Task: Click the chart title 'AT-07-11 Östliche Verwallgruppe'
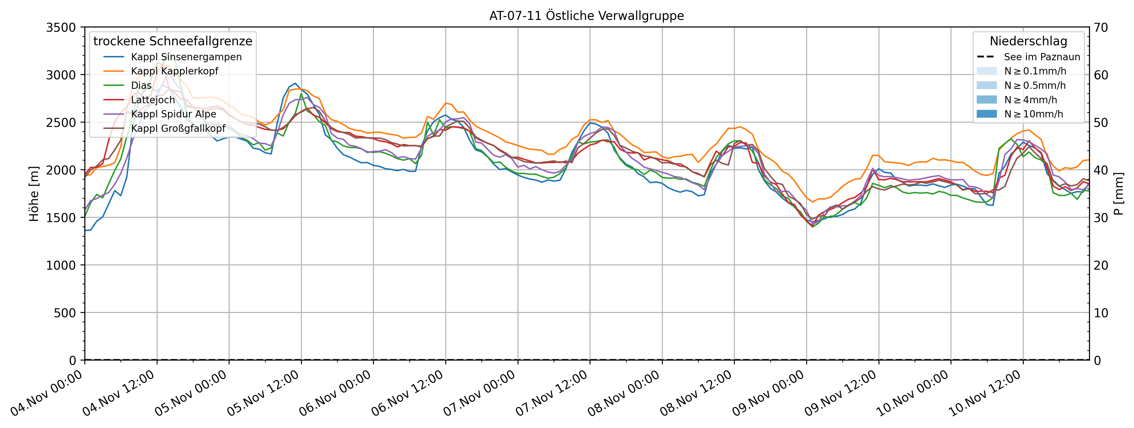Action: coord(586,16)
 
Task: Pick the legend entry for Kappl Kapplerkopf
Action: coord(174,71)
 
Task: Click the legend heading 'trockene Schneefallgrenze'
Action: coord(173,41)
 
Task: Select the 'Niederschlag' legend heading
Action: coord(1028,41)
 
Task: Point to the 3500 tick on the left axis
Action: coord(61,27)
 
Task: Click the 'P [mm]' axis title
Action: coord(1118,194)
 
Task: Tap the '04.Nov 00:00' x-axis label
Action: coord(48,393)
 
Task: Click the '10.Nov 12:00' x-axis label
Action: coord(985,393)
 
